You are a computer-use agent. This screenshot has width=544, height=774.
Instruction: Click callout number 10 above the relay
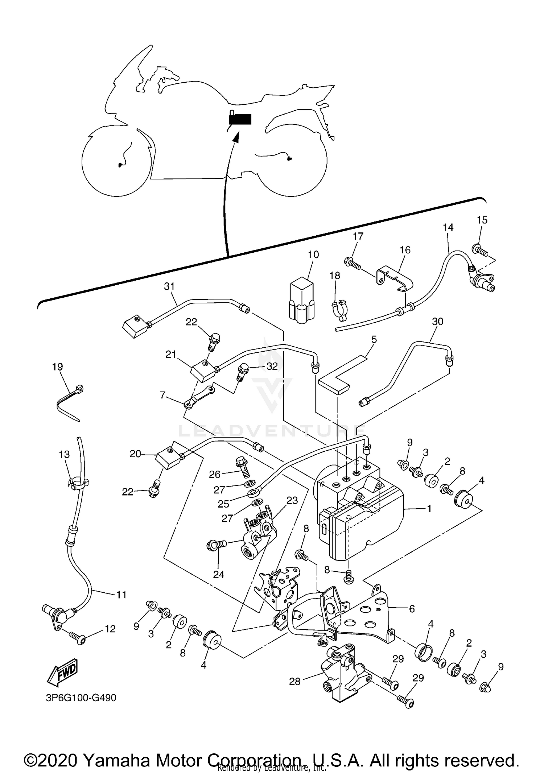313,254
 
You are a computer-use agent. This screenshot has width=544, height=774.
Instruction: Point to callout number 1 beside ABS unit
429,509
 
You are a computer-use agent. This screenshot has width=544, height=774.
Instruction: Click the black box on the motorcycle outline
240,119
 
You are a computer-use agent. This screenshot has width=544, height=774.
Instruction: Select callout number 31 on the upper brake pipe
169,286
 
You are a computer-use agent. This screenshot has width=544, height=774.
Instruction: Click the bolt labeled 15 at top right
480,249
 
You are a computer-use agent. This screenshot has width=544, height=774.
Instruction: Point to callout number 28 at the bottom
294,682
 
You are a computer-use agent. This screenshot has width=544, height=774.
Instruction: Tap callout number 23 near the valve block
292,501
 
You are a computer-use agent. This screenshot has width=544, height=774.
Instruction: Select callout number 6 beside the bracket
412,608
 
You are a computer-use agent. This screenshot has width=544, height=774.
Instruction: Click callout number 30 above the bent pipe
438,322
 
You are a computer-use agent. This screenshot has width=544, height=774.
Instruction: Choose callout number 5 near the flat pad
374,340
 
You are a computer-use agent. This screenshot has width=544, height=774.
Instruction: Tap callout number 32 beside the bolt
272,366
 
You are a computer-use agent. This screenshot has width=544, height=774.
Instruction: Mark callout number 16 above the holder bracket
405,250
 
